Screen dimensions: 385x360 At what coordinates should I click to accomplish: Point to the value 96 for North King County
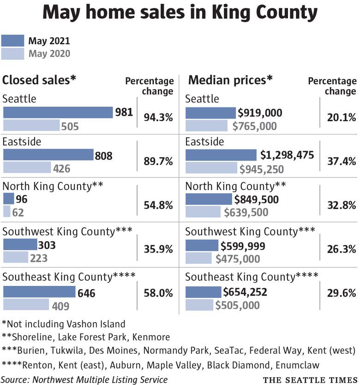22,200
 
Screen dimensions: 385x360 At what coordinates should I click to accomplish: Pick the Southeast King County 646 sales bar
39,292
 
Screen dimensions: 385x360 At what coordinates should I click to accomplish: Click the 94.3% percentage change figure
158,118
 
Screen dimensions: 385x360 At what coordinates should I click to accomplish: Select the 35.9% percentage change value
158,249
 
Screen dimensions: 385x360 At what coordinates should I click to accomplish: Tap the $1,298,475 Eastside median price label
287,155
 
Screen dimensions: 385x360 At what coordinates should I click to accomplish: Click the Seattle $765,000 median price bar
206,126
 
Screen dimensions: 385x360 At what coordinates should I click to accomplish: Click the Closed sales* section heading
39,80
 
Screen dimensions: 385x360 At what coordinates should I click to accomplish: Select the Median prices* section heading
230,80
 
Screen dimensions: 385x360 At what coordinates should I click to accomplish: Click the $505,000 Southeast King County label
237,305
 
